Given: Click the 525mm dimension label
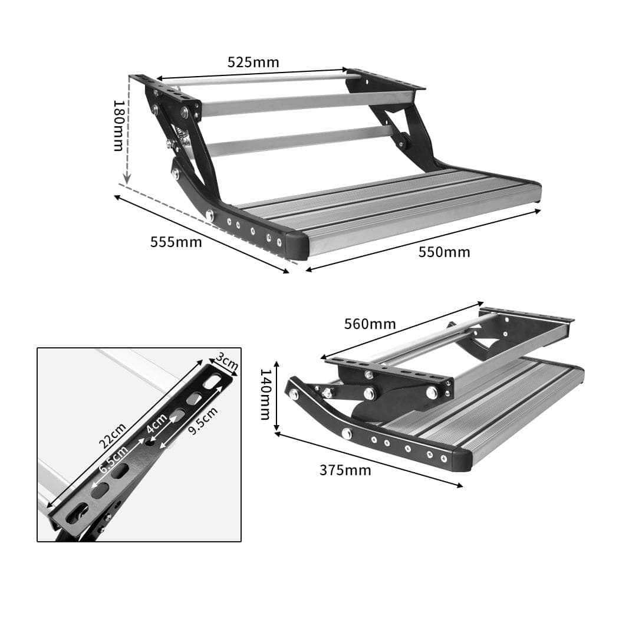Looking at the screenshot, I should coord(253,62).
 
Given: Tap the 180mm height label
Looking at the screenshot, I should coord(118,125).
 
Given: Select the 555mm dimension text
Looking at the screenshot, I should coord(176,242).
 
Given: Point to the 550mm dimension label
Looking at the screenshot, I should coord(444,252).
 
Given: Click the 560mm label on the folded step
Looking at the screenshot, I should coord(370,324).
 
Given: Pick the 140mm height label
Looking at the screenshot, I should coord(266,394).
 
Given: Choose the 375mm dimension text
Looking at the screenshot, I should coord(345,470).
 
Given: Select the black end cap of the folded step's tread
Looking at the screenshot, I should coord(462,459).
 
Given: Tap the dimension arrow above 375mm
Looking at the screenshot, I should coord(368,460).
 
